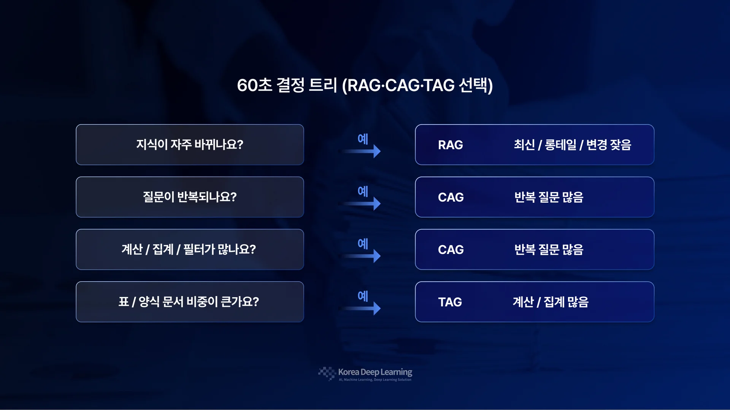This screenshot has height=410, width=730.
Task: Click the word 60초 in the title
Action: (255, 85)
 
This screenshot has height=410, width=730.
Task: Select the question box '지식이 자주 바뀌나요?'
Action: (190, 145)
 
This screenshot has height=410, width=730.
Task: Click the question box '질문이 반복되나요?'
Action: (190, 197)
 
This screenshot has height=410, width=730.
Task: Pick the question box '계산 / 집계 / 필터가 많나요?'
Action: (190, 249)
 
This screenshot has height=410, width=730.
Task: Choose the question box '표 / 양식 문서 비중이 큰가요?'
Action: (190, 302)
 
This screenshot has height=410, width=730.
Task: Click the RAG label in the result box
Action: (451, 145)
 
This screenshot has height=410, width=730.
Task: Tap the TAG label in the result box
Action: (450, 302)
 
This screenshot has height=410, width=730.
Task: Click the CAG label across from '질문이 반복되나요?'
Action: (451, 197)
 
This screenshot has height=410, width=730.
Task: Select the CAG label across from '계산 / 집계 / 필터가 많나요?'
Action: (451, 250)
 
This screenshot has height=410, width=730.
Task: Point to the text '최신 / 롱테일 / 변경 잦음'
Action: (573, 145)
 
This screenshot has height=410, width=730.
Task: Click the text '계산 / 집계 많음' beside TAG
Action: (551, 302)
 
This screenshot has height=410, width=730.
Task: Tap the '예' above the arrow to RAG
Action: (363, 139)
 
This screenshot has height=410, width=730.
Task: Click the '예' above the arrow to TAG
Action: (363, 296)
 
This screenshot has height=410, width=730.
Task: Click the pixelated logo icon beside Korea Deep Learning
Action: (327, 374)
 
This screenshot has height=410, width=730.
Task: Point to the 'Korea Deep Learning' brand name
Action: (375, 372)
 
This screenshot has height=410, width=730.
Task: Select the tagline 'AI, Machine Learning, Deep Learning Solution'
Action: (375, 380)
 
